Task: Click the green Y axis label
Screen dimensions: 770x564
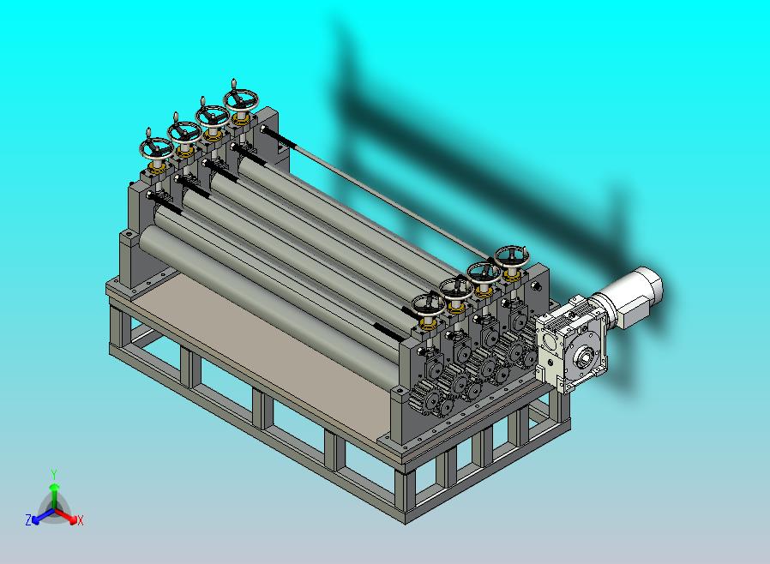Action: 54,474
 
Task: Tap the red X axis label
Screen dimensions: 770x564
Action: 81,520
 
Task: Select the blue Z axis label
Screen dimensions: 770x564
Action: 28,519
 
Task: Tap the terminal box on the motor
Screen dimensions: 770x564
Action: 630,313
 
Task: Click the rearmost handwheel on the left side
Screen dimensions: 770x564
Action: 241,99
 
